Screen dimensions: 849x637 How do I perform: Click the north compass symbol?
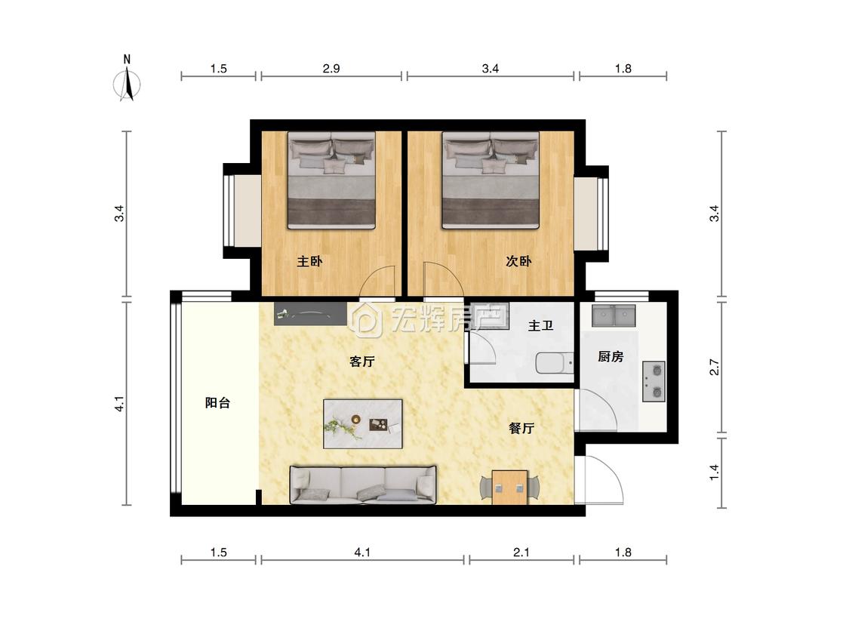pyautogui.click(x=128, y=78)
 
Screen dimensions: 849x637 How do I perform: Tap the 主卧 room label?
pyautogui.click(x=309, y=262)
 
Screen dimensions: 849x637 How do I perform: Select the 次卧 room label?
pyautogui.click(x=518, y=261)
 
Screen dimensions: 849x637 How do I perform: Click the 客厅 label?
pyautogui.click(x=361, y=362)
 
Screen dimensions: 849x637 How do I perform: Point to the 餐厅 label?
pyautogui.click(x=521, y=429)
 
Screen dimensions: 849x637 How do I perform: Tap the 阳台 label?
pyautogui.click(x=217, y=403)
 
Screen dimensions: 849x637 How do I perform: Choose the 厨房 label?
pyautogui.click(x=611, y=356)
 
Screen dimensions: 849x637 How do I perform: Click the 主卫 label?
pyautogui.click(x=540, y=325)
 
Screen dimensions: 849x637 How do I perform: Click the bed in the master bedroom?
pyautogui.click(x=331, y=180)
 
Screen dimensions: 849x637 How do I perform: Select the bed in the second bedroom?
pyautogui.click(x=491, y=180)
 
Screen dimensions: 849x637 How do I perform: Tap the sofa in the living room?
pyautogui.click(x=363, y=485)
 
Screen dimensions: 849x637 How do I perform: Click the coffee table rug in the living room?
pyautogui.click(x=363, y=424)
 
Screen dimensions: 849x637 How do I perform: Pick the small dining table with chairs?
pyautogui.click(x=509, y=487)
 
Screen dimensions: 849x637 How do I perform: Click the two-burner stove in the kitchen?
pyautogui.click(x=654, y=381)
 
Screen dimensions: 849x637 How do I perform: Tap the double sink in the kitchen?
pyautogui.click(x=614, y=315)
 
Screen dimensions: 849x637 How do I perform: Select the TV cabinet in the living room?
pyautogui.click(x=310, y=314)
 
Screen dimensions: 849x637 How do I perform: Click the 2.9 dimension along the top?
pyautogui.click(x=331, y=69)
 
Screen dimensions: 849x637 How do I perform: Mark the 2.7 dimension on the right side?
pyautogui.click(x=715, y=368)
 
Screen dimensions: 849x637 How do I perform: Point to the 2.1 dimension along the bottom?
pyautogui.click(x=521, y=552)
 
